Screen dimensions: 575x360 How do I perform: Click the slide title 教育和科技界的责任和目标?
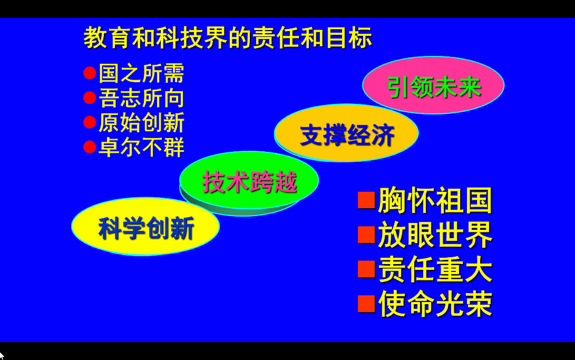pyautogui.click(x=228, y=38)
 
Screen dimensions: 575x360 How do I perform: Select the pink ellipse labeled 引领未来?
pyautogui.click(x=433, y=85)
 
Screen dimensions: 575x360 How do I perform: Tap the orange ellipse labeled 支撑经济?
pyautogui.click(x=346, y=133)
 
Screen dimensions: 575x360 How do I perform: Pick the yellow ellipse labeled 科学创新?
pyautogui.click(x=145, y=227)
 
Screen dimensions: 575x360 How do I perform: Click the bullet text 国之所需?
pyautogui.click(x=142, y=73)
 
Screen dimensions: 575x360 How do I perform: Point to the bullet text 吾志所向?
pyautogui.click(x=142, y=98)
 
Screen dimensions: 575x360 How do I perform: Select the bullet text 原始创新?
pyautogui.click(x=142, y=122)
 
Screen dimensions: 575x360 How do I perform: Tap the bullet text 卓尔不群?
pyautogui.click(x=142, y=147)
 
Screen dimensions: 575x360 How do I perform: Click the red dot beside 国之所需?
pyautogui.click(x=90, y=73)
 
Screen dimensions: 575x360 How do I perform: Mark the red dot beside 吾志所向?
pyautogui.click(x=90, y=98)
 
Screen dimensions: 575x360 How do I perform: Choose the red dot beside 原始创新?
pyautogui.click(x=90, y=122)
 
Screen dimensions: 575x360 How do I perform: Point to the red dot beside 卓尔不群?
pyautogui.click(x=90, y=147)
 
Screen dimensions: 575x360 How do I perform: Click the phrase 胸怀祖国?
pyautogui.click(x=435, y=200)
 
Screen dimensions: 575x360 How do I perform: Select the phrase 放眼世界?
pyautogui.click(x=435, y=235)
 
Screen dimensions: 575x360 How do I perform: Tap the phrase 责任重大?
pyautogui.click(x=435, y=269)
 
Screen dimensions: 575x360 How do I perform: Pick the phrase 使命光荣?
pyautogui.click(x=435, y=304)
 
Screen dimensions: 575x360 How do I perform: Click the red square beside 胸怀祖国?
pyautogui.click(x=366, y=200)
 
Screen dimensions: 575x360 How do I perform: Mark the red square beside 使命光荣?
pyautogui.click(x=366, y=304)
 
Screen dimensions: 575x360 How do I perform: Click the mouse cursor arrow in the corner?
pyautogui.click(x=2, y=356)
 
